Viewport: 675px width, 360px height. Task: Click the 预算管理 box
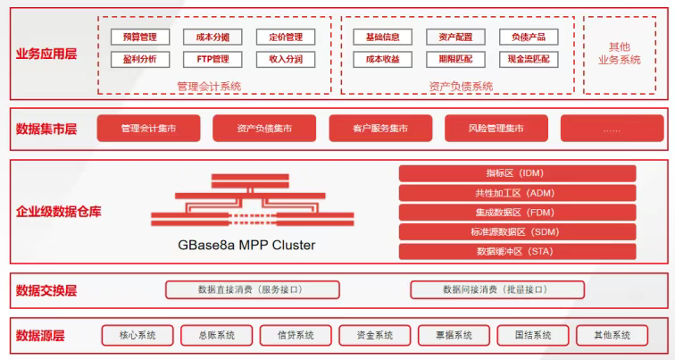pos(139,38)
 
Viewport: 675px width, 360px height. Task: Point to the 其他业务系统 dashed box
pos(624,54)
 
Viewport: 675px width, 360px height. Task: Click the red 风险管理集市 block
pos(496,129)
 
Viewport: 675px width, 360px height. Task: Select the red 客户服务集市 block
pos(380,129)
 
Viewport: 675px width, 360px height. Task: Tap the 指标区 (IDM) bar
pos(517,173)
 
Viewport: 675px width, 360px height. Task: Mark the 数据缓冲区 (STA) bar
pos(517,252)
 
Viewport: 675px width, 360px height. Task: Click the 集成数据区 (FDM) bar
pos(517,213)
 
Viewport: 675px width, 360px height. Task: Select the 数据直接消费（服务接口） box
pos(253,289)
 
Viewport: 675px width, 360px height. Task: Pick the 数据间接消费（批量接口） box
pos(496,289)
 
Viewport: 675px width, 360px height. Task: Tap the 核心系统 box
pos(137,336)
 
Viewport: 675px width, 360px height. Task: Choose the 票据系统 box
pos(453,336)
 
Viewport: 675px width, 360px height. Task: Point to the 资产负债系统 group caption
pos(461,86)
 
